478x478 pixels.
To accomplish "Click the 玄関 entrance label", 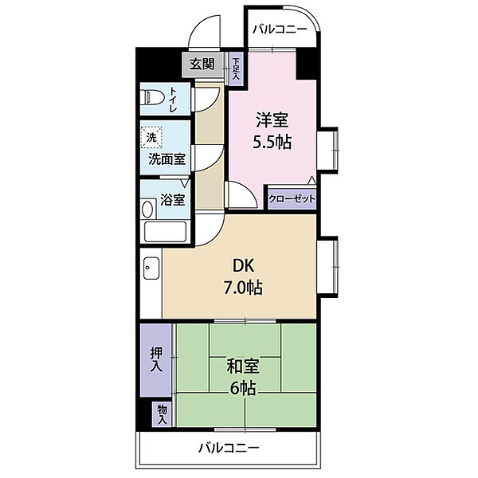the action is [202, 65].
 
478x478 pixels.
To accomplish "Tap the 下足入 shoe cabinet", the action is [236, 69].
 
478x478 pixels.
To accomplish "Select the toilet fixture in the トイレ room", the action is [152, 97].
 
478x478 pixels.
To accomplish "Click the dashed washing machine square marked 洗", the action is [151, 137].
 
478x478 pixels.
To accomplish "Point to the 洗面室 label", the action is [167, 159].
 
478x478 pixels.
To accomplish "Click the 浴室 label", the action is [173, 200].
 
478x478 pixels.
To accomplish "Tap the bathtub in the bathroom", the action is [165, 232].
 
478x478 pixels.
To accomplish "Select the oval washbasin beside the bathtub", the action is [147, 209].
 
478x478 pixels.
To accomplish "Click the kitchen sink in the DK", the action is [151, 268].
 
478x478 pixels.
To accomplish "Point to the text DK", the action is [243, 266].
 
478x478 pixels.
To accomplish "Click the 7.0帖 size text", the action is [243, 287].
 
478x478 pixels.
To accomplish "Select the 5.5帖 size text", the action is [272, 142].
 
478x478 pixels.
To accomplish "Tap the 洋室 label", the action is [272, 119].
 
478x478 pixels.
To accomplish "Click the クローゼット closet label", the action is [292, 199].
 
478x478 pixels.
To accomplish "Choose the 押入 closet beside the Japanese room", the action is [156, 360].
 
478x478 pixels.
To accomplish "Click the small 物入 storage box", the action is [163, 414].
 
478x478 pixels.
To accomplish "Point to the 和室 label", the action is [243, 366].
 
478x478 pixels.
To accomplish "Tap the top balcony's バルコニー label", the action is [280, 30].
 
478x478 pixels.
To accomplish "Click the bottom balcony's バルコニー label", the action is [229, 448].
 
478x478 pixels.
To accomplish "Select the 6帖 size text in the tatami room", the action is [243, 388].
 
